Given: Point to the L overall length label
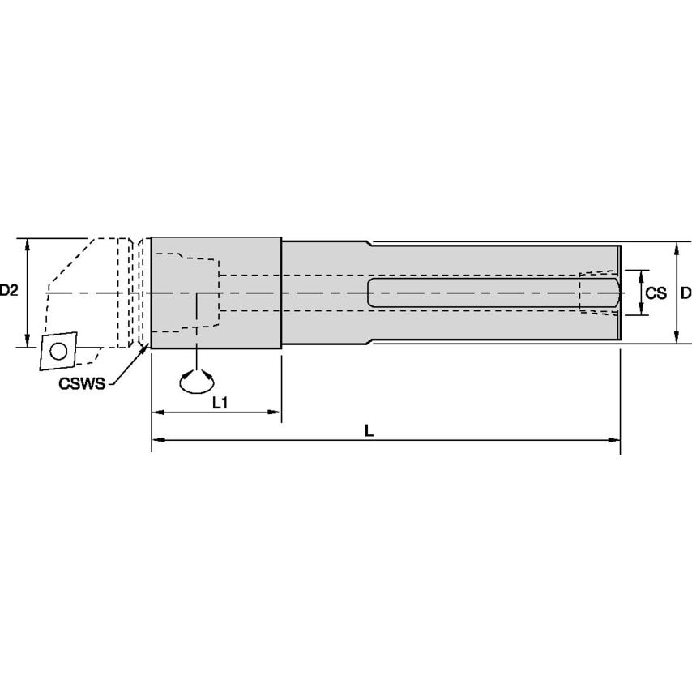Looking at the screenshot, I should coord(368,432).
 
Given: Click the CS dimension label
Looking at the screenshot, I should coord(656,293).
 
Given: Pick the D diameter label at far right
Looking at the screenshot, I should coord(686,293).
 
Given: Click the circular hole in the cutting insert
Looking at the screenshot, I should coord(58,352).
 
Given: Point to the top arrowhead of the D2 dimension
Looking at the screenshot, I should coord(28,243).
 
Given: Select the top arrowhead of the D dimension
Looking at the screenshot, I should coord(677,247).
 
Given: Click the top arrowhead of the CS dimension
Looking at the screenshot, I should coord(642,274).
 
